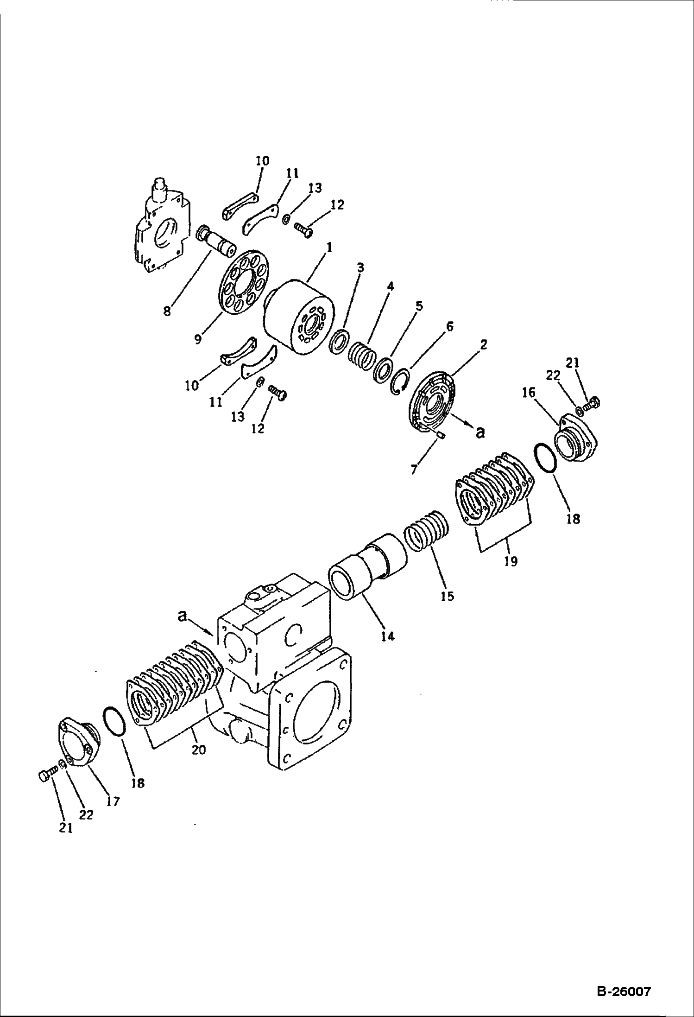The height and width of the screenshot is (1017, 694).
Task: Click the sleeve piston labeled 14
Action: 368,567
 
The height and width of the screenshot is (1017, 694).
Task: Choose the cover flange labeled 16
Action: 576,440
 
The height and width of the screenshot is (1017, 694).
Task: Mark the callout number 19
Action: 511,561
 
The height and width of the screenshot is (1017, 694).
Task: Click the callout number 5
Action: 419,306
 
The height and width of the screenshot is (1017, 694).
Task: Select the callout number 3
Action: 360,267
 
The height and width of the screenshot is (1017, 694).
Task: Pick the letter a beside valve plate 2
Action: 480,432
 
